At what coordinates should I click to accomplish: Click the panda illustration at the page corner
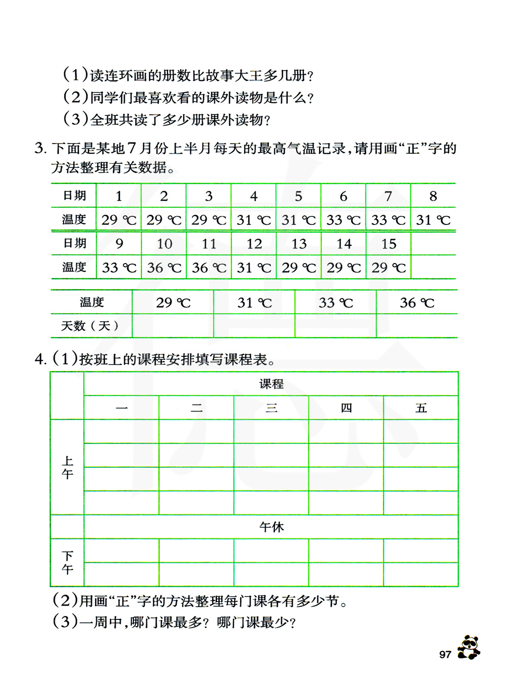pos(469,647)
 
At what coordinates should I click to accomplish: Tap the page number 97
pos(445,655)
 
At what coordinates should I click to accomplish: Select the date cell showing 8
pos(433,196)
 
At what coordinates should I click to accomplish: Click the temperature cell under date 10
pos(164,268)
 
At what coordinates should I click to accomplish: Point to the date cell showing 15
pos(388,244)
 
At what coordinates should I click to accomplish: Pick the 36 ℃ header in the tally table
pos(417,303)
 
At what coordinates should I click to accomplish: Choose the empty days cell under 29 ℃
pos(173,326)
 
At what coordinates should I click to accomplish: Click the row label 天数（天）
pos(91,326)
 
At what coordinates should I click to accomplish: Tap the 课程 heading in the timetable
pos(271,384)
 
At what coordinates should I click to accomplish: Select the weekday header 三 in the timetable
pos(271,408)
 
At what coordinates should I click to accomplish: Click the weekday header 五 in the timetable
pos(421,408)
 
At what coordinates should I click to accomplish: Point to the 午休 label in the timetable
pos(271,527)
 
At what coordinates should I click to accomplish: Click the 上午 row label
pos(67,467)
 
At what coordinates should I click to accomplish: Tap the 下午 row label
pos(67,562)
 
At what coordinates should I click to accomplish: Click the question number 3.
pos(40,149)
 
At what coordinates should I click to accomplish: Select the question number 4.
pos(40,359)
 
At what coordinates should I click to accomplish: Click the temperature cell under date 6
pos(343,220)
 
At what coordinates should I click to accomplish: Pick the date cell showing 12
pos(254,244)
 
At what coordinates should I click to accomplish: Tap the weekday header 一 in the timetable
pos(122,408)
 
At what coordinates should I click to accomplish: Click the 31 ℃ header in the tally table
pos(254,303)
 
